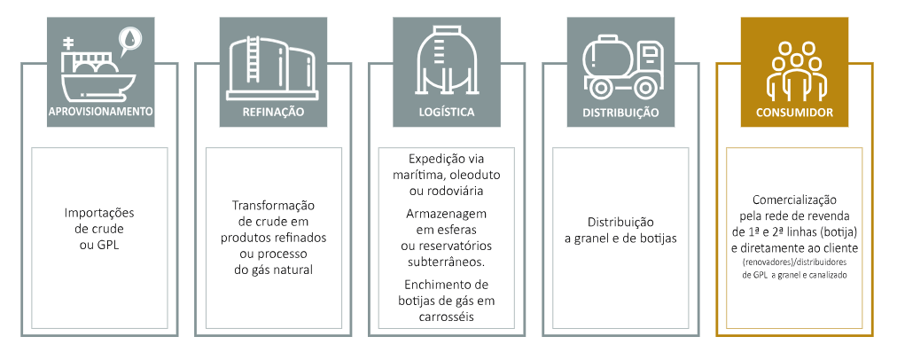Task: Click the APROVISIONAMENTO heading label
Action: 99,112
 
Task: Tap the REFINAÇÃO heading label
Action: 273,113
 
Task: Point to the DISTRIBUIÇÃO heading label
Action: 620,113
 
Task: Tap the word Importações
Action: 99,213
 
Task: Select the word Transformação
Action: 273,206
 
